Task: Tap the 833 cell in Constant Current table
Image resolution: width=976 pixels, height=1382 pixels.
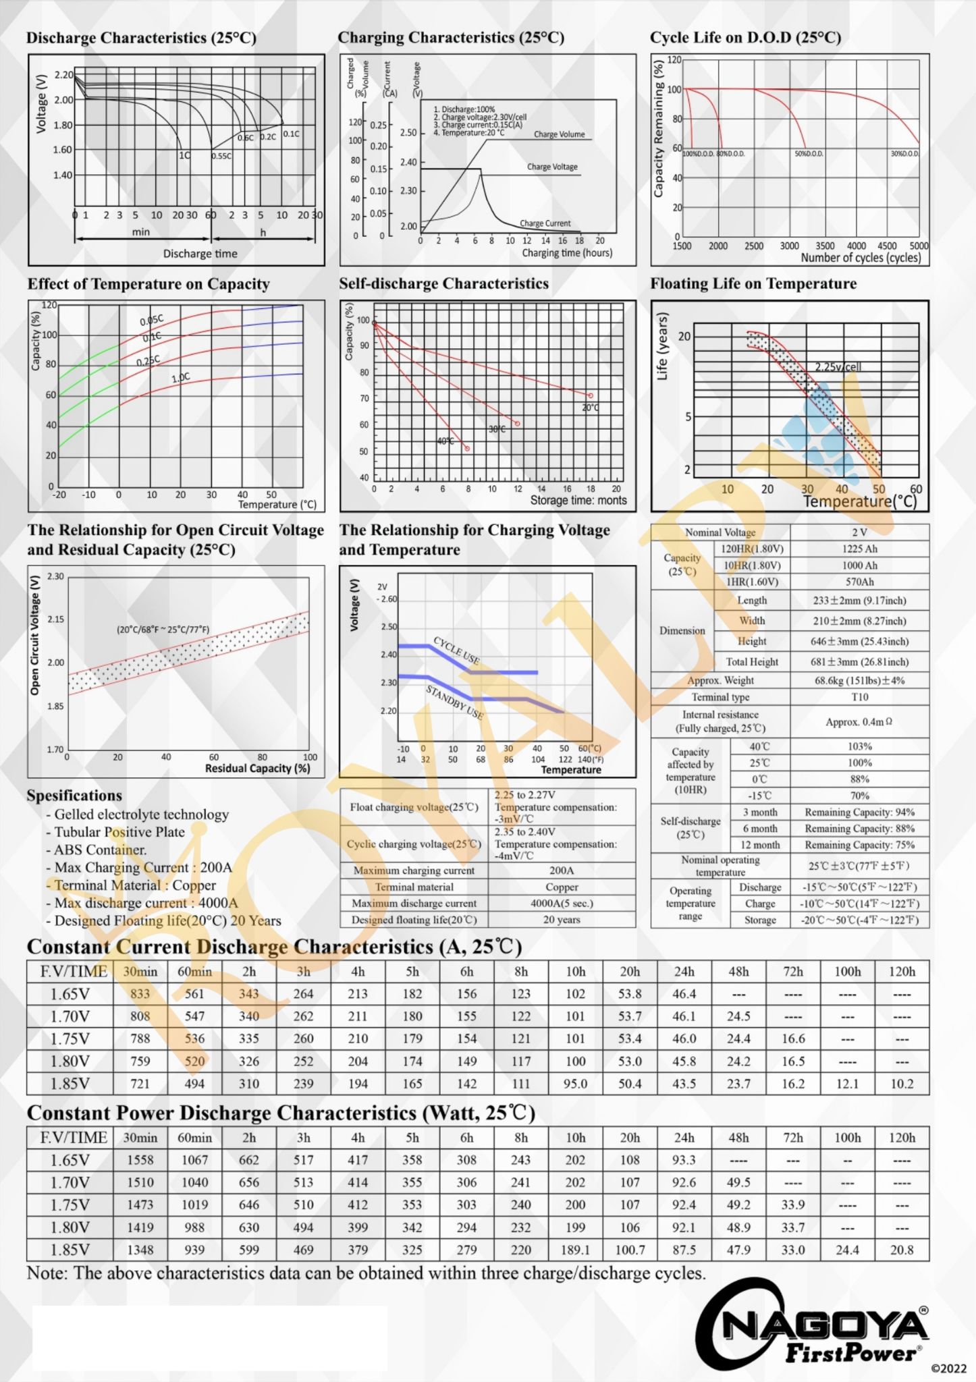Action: (140, 994)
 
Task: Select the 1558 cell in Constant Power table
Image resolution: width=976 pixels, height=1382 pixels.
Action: (140, 1160)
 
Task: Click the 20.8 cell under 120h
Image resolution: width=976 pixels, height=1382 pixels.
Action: (901, 1250)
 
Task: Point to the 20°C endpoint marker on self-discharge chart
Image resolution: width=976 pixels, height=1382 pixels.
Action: (590, 395)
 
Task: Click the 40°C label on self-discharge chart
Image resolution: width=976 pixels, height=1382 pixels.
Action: (445, 441)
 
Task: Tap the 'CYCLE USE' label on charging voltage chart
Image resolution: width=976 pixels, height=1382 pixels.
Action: (456, 650)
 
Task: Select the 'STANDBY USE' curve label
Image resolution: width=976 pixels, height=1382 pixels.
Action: (454, 702)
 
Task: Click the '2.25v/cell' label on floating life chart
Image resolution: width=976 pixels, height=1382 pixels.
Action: (838, 367)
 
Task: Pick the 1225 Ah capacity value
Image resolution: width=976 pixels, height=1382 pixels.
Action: (859, 549)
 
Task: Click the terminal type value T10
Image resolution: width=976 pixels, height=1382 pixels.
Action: (859, 697)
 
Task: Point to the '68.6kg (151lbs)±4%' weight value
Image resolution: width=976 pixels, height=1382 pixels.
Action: (859, 680)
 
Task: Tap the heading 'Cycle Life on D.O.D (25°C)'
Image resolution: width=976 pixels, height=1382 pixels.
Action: (745, 38)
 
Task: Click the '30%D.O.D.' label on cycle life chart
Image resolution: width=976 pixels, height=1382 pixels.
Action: (904, 154)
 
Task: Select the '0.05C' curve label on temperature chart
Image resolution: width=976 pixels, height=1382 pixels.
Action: (151, 320)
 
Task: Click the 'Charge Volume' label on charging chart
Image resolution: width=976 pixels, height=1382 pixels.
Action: (559, 134)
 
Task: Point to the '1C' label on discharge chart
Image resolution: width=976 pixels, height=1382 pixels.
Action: (184, 155)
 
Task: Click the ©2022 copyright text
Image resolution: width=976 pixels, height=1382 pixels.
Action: (948, 1369)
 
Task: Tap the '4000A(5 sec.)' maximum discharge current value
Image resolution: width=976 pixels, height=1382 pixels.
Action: (562, 903)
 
